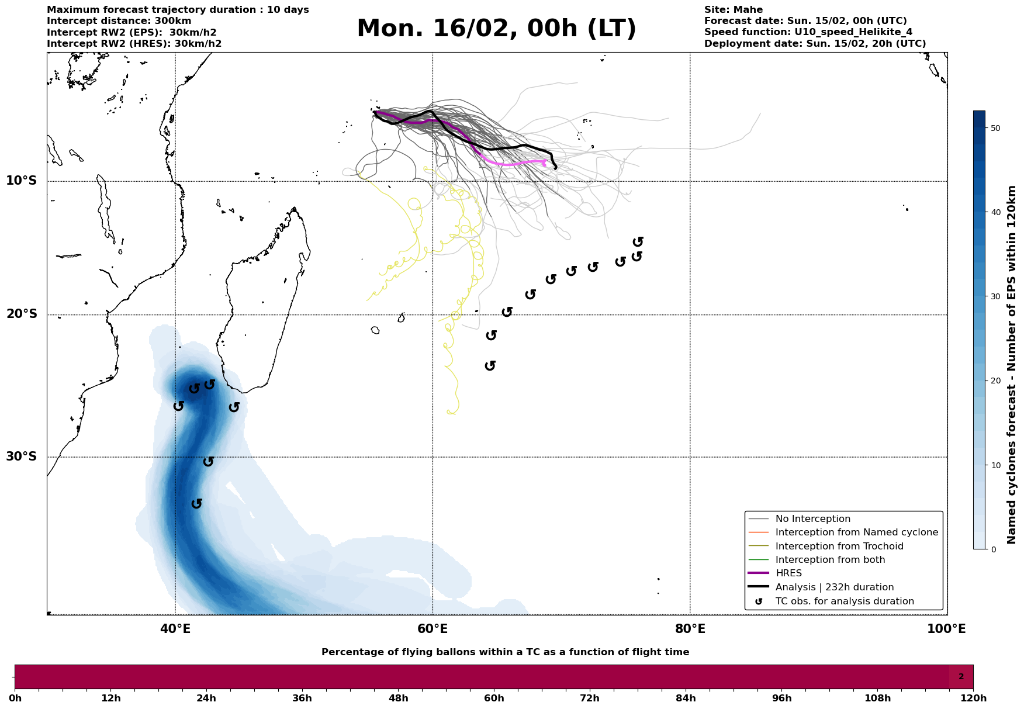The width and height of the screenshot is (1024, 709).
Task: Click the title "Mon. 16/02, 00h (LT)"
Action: click(496, 29)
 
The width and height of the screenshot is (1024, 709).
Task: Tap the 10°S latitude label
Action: click(22, 181)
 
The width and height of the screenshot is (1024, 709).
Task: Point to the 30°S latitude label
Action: click(22, 456)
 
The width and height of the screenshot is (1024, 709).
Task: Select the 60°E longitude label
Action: click(433, 629)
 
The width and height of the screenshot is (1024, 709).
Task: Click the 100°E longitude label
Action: click(946, 629)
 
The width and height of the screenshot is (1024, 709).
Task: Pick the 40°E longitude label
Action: click(175, 629)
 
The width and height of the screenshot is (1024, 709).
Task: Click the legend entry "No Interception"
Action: click(812, 519)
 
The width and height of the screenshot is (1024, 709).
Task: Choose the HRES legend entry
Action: click(788, 573)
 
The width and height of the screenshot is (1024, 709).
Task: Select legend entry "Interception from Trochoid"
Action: click(839, 547)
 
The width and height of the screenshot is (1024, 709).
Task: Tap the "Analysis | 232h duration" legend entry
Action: click(834, 587)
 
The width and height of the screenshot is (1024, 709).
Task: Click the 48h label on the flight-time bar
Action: click(398, 698)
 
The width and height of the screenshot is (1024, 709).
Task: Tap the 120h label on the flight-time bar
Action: click(973, 698)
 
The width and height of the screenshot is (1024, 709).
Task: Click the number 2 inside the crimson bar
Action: click(961, 677)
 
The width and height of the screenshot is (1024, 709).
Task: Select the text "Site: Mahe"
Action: click(733, 10)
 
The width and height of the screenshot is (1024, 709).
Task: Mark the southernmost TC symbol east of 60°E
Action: click(490, 366)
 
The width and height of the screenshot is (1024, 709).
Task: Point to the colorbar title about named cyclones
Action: click(1012, 365)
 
